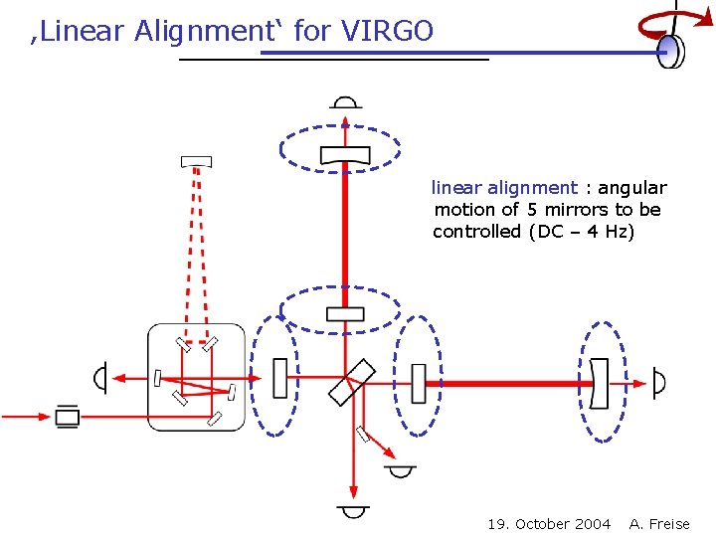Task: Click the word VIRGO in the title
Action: click(387, 31)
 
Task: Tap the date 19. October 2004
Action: click(549, 524)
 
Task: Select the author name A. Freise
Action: click(659, 524)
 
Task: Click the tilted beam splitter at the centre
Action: click(352, 382)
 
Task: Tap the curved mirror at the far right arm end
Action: click(599, 383)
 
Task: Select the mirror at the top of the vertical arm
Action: click(345, 154)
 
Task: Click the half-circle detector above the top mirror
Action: click(345, 102)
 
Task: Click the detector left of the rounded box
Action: click(99, 378)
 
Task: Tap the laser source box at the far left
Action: click(68, 416)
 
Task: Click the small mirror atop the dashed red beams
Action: click(196, 161)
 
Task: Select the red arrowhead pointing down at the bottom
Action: click(353, 489)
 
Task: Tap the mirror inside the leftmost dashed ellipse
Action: click(279, 378)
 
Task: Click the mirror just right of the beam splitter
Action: click(419, 383)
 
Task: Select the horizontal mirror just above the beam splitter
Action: click(345, 314)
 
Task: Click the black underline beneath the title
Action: click(334, 61)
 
